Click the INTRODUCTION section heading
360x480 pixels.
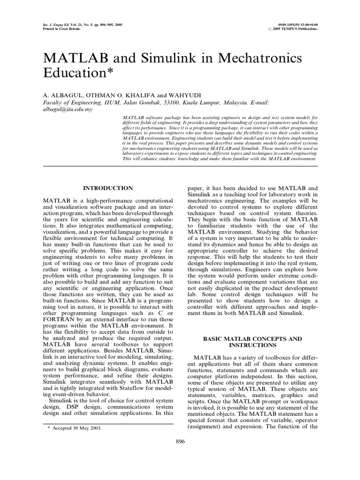tap(108, 188)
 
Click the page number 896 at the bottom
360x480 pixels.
tap(180, 441)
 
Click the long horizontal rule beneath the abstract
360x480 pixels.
tap(180, 166)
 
